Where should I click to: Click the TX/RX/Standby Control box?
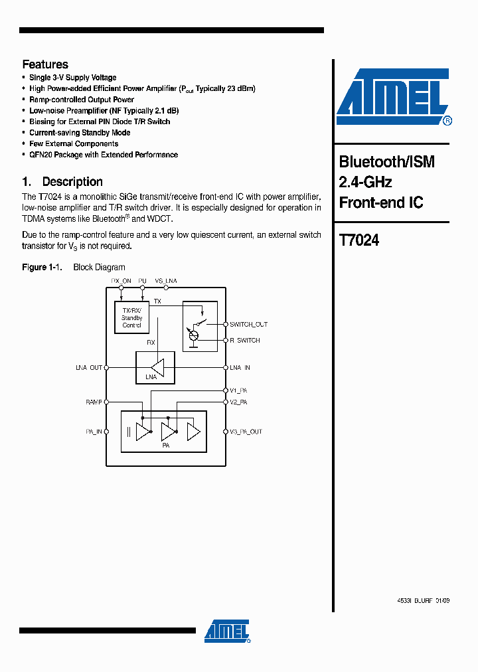131,317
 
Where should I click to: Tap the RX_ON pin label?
121,282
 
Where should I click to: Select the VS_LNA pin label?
166,282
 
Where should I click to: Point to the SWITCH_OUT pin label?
248,325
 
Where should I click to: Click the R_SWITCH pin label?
245,341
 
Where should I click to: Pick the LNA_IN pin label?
240,368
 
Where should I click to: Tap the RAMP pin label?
94,402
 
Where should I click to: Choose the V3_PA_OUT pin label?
246,432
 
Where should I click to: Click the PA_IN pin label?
94,432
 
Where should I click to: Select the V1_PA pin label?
238,391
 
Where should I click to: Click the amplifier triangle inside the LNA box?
157,367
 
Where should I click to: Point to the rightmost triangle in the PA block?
193,432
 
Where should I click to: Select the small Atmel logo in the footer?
227,631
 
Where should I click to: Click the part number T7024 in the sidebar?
359,240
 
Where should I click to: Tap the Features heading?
45,64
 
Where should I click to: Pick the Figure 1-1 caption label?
42,268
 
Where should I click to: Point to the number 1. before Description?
27,182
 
